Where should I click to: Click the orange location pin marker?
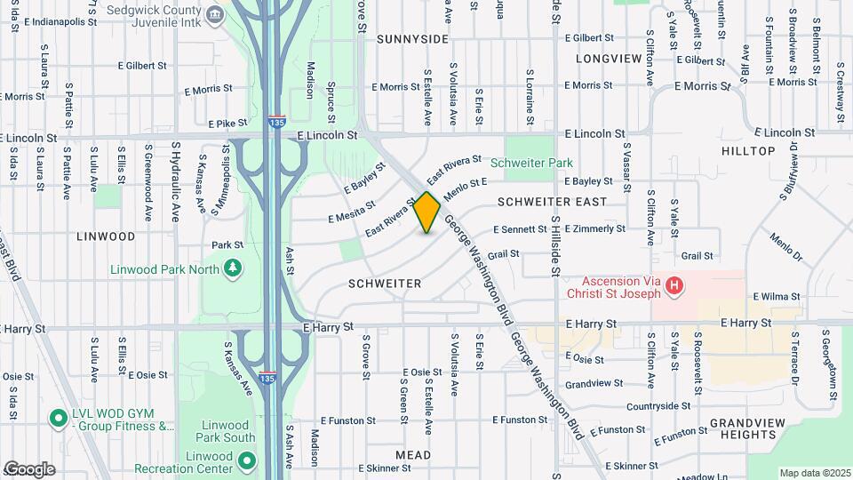coord(426,212)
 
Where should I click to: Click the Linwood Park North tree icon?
coord(233,268)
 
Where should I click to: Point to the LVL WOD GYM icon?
coord(59,417)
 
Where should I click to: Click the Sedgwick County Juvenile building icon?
coord(214,15)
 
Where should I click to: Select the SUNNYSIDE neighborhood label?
coord(412,39)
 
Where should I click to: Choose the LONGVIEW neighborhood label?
coord(608,59)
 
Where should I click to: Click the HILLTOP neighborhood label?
coord(748,151)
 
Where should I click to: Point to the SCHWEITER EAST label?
coord(552,202)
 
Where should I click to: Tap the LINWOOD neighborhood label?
coord(106,236)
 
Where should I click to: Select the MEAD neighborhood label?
coord(413,455)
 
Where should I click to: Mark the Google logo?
coord(29,469)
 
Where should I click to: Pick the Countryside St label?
coord(658,406)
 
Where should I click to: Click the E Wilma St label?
coord(777,296)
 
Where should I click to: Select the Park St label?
coord(227,244)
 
